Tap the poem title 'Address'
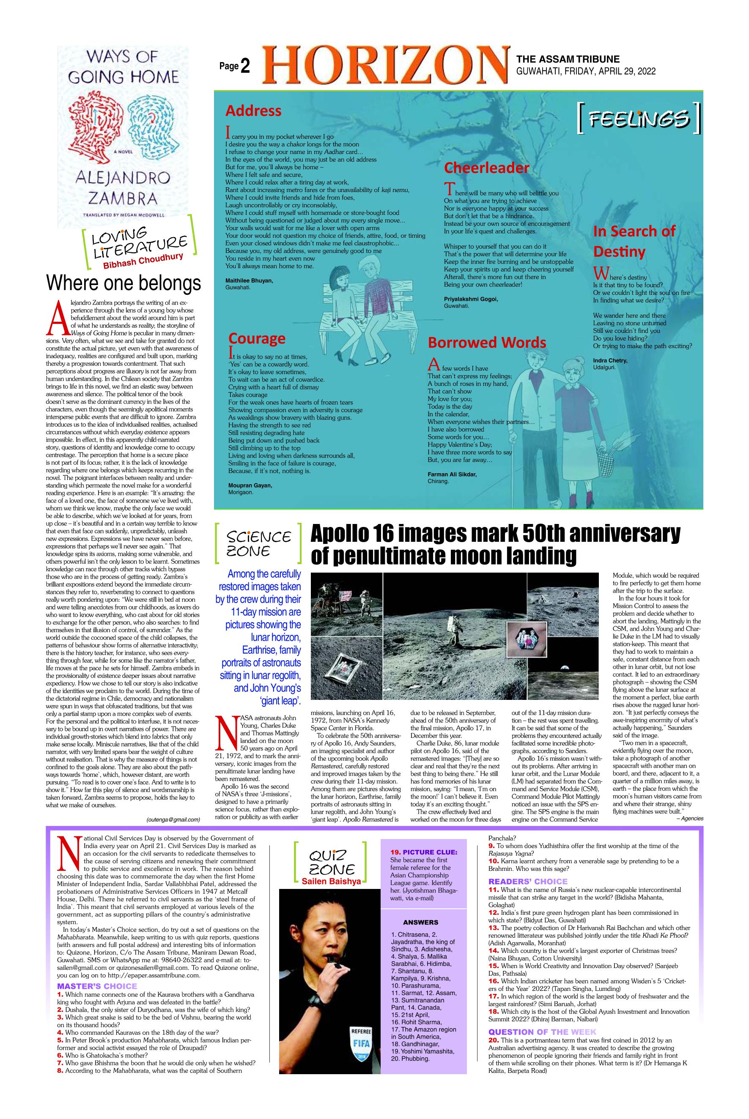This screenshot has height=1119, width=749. pyautogui.click(x=253, y=111)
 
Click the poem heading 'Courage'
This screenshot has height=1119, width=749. pyautogui.click(x=257, y=338)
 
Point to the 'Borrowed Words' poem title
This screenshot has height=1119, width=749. pyautogui.click(x=487, y=343)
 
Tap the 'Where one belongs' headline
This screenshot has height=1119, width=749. pyautogui.click(x=123, y=283)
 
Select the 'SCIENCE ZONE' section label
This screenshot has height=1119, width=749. pyautogui.click(x=258, y=543)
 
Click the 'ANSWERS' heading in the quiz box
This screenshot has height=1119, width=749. pyautogui.click(x=420, y=922)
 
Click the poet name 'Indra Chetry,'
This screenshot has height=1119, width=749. pyautogui.click(x=610, y=361)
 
